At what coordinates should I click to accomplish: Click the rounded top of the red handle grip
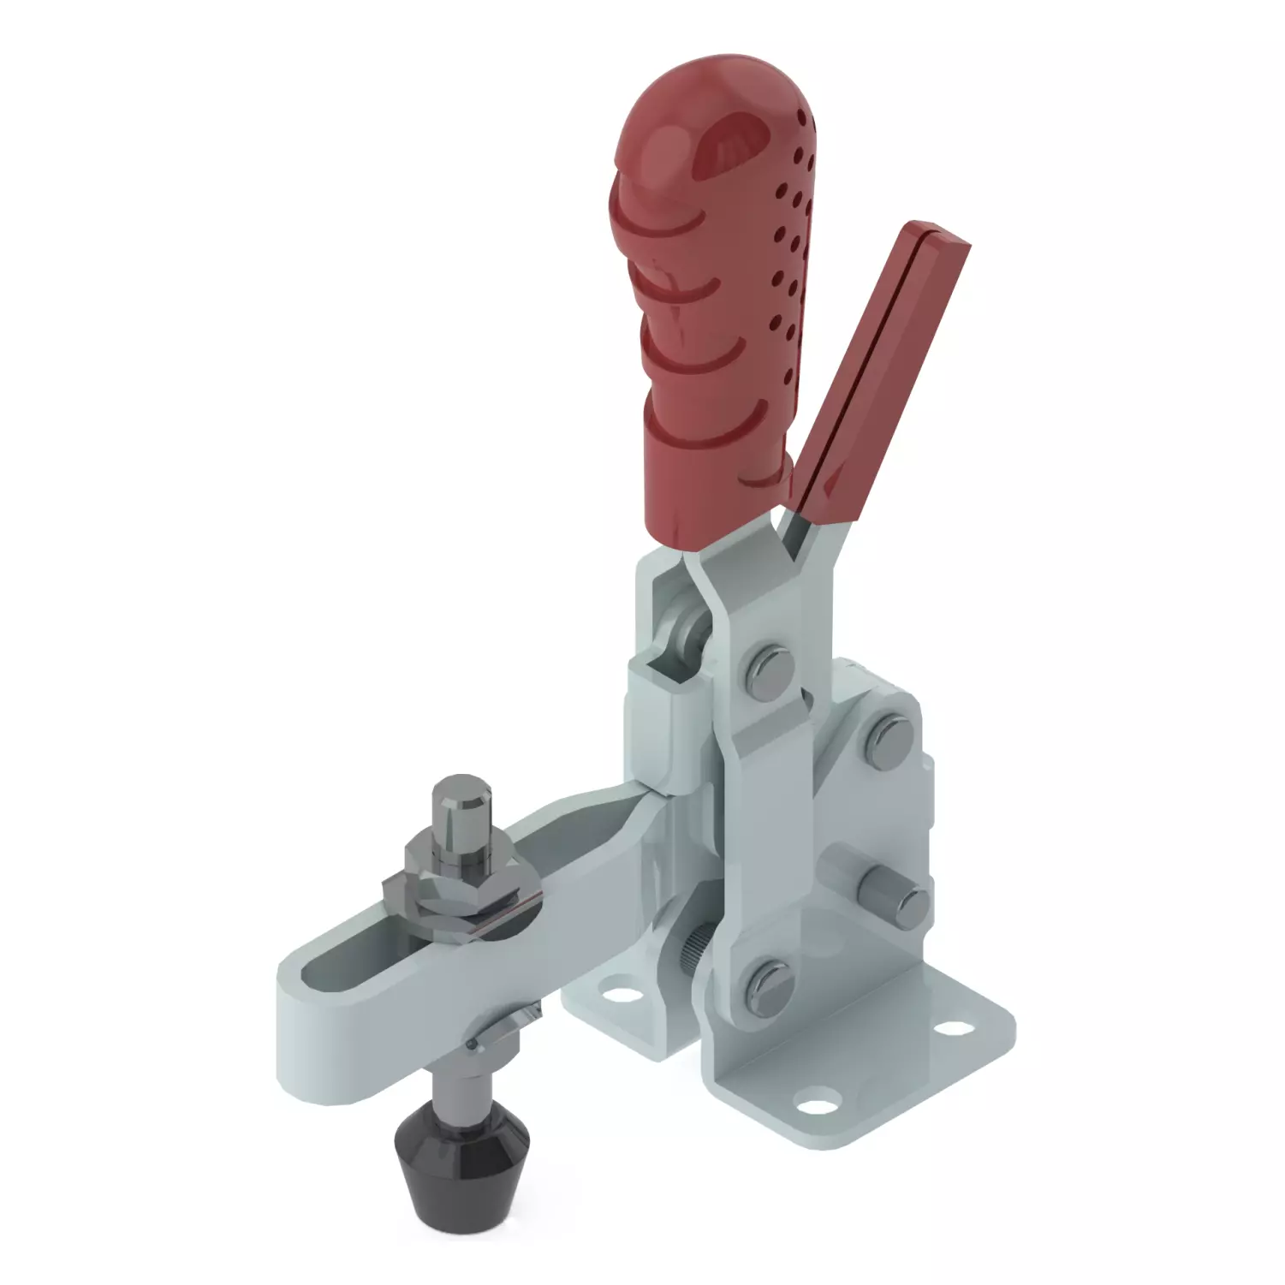point(685,128)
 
